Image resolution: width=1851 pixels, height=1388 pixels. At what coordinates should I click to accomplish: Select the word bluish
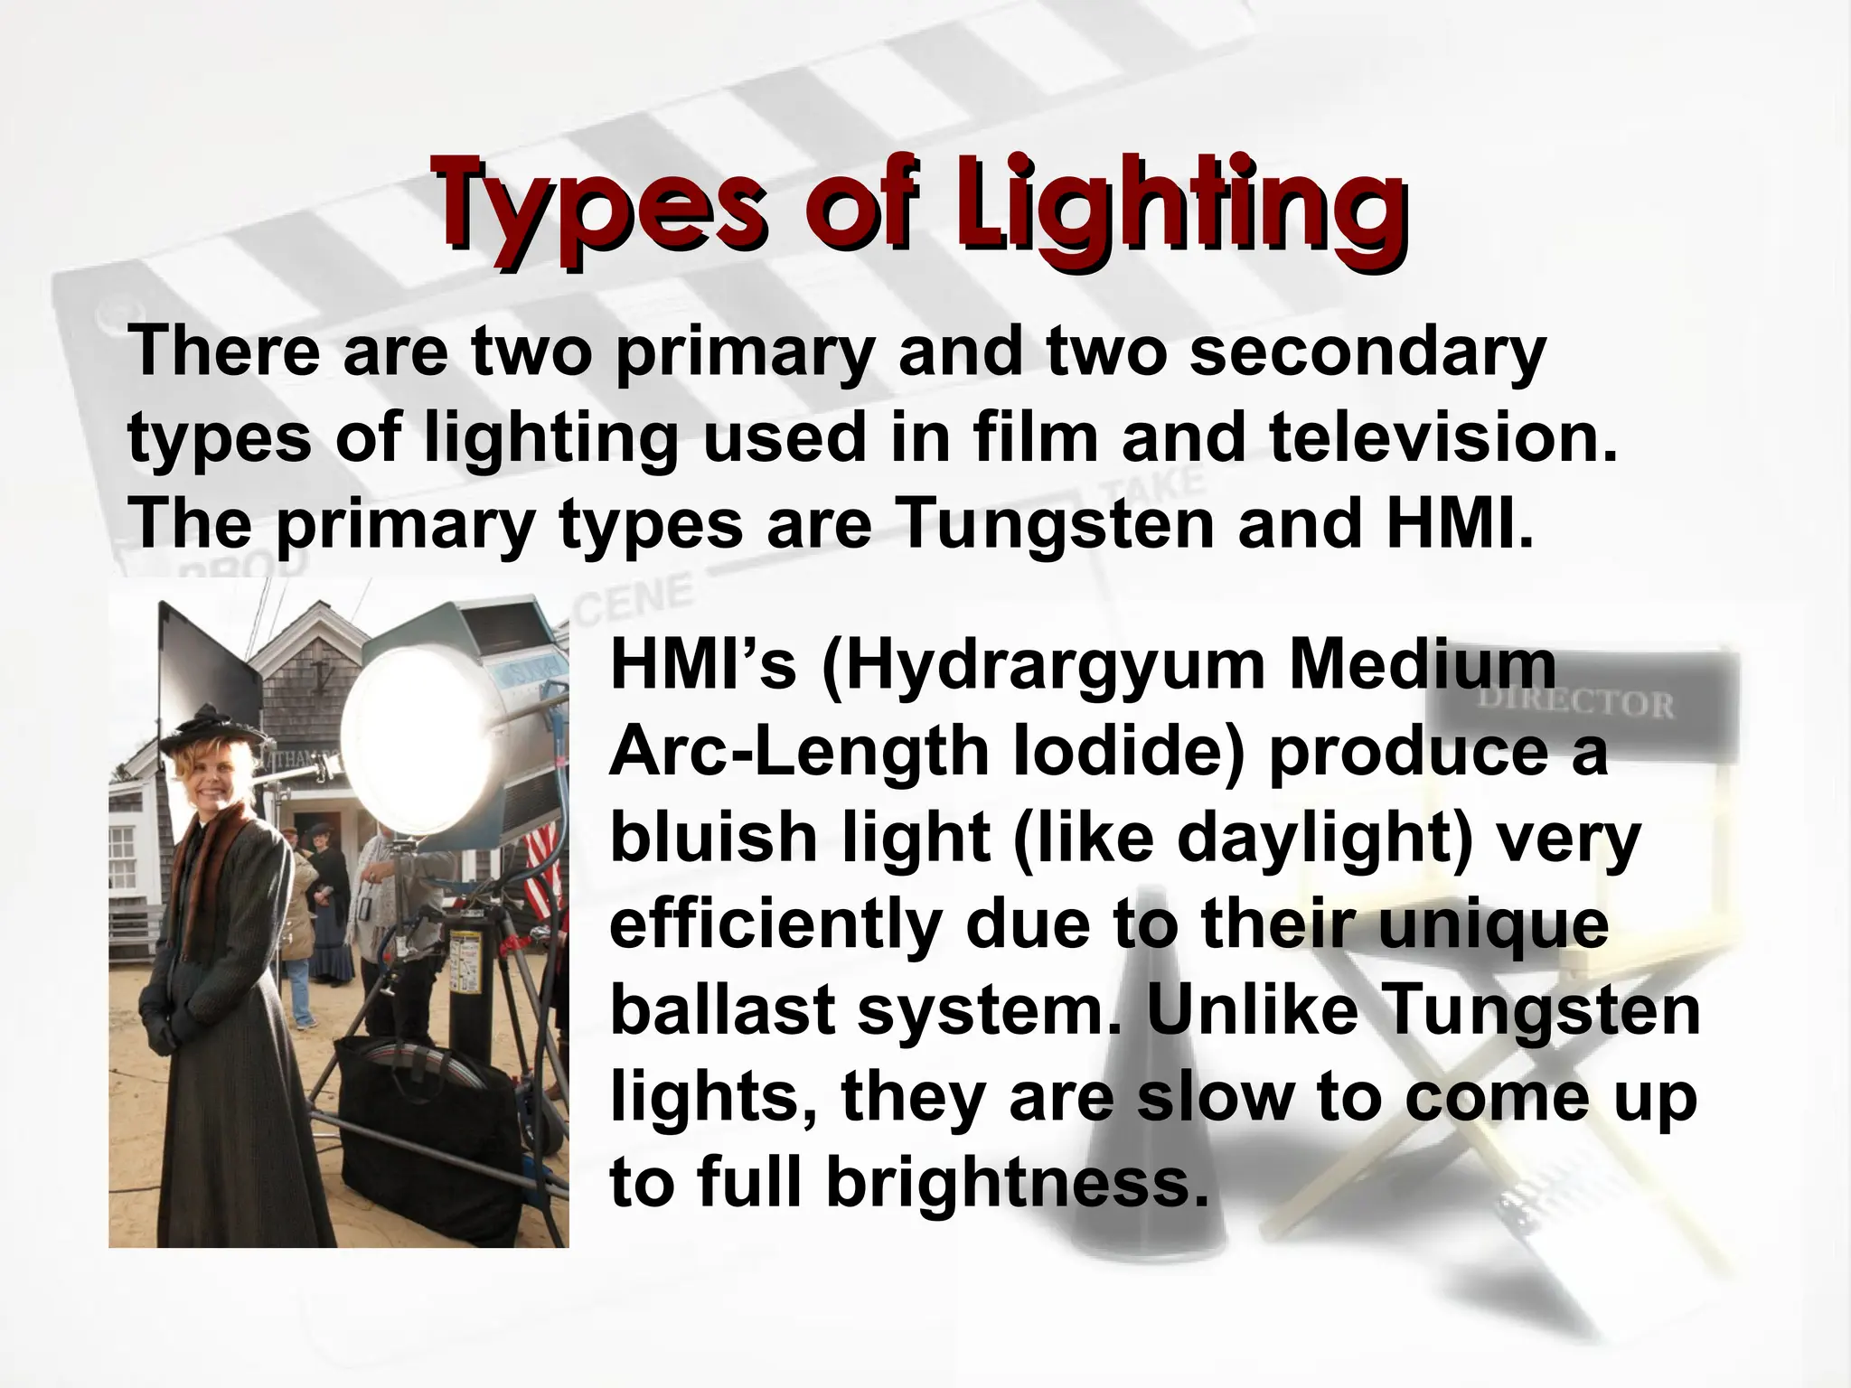point(715,838)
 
